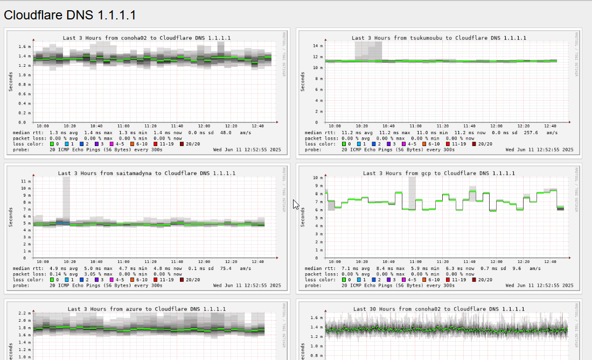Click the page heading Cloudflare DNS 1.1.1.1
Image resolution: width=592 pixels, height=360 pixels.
(x=69, y=15)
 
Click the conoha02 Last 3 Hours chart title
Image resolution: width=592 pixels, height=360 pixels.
(x=147, y=38)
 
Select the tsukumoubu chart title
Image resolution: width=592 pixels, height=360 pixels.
(x=439, y=38)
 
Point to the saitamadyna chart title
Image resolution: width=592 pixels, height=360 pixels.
(x=147, y=174)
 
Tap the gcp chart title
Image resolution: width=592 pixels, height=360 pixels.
(x=439, y=174)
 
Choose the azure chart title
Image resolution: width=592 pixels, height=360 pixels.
(x=147, y=309)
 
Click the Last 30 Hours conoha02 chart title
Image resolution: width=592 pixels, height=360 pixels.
(x=439, y=309)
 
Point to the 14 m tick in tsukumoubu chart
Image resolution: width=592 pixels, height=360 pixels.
(x=318, y=46)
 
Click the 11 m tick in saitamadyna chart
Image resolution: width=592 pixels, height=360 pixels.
(x=24, y=181)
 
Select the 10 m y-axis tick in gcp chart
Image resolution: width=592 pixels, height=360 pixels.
(x=318, y=177)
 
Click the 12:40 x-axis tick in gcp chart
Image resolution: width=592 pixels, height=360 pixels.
(x=549, y=261)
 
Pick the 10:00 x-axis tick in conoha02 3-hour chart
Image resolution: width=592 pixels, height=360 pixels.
(x=43, y=126)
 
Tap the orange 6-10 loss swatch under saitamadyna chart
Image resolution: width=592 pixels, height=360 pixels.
(x=132, y=280)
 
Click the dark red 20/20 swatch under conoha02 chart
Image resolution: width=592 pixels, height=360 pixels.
(x=182, y=144)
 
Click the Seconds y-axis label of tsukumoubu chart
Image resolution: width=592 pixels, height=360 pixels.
(x=303, y=81)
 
